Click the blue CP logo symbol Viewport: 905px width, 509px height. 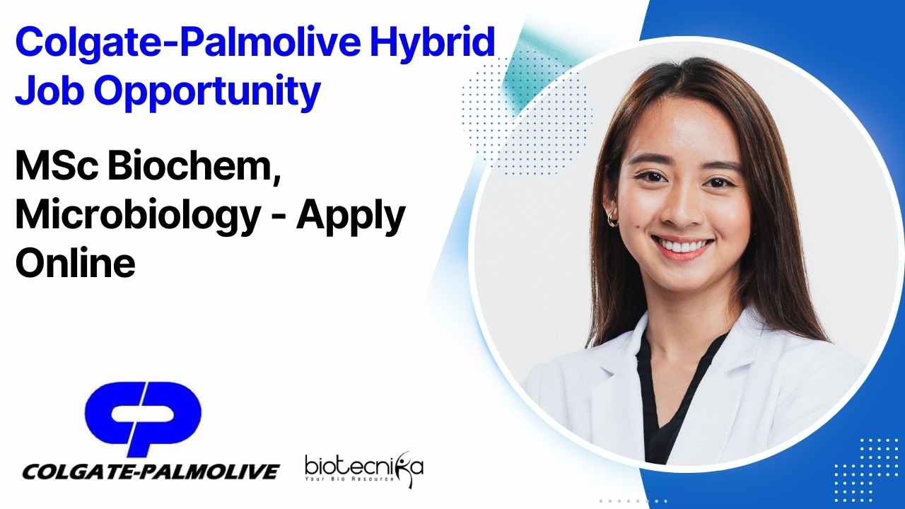(143, 417)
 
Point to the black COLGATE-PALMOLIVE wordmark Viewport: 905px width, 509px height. (151, 472)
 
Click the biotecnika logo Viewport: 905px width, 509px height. (364, 469)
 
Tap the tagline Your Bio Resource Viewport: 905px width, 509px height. (349, 479)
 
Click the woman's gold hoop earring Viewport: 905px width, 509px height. (612, 220)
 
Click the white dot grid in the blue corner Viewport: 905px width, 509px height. (869, 469)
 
